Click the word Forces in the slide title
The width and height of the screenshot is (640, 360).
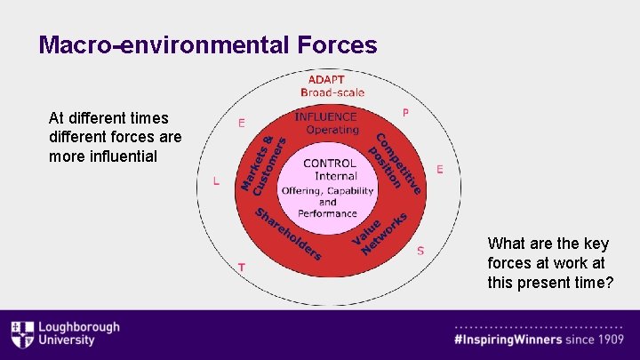333,44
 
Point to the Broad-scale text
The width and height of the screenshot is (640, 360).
332,92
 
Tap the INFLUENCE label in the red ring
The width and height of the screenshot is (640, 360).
325,116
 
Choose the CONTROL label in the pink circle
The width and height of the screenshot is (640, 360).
329,164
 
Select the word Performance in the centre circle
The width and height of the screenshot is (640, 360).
327,213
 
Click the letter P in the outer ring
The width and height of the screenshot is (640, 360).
405,113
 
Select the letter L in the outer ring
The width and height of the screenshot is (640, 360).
216,180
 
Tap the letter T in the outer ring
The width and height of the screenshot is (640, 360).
241,267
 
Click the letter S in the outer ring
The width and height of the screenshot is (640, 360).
420,251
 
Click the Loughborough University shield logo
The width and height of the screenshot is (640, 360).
21,334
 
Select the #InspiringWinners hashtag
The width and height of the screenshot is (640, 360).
508,340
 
